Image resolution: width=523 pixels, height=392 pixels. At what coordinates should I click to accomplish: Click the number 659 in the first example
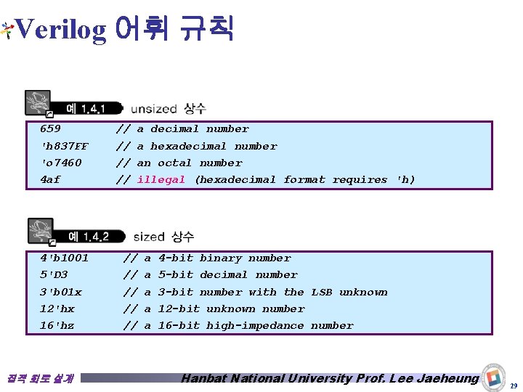tap(50, 129)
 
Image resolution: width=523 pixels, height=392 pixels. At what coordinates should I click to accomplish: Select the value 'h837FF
tap(64, 146)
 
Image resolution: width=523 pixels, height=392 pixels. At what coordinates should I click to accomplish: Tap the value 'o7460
tap(61, 163)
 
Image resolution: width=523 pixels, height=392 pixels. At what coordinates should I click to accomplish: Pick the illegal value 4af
tap(50, 179)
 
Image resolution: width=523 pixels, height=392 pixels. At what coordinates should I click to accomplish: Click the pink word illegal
tap(161, 179)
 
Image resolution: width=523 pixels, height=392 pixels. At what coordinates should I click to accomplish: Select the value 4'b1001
tap(64, 258)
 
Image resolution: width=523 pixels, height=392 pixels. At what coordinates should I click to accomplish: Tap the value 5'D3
tap(54, 274)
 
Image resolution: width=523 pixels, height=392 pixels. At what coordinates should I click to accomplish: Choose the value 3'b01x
tap(60, 292)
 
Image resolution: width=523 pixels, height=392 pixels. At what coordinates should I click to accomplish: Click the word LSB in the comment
tap(322, 292)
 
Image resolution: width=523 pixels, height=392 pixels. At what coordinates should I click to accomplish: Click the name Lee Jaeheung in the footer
tap(438, 377)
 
